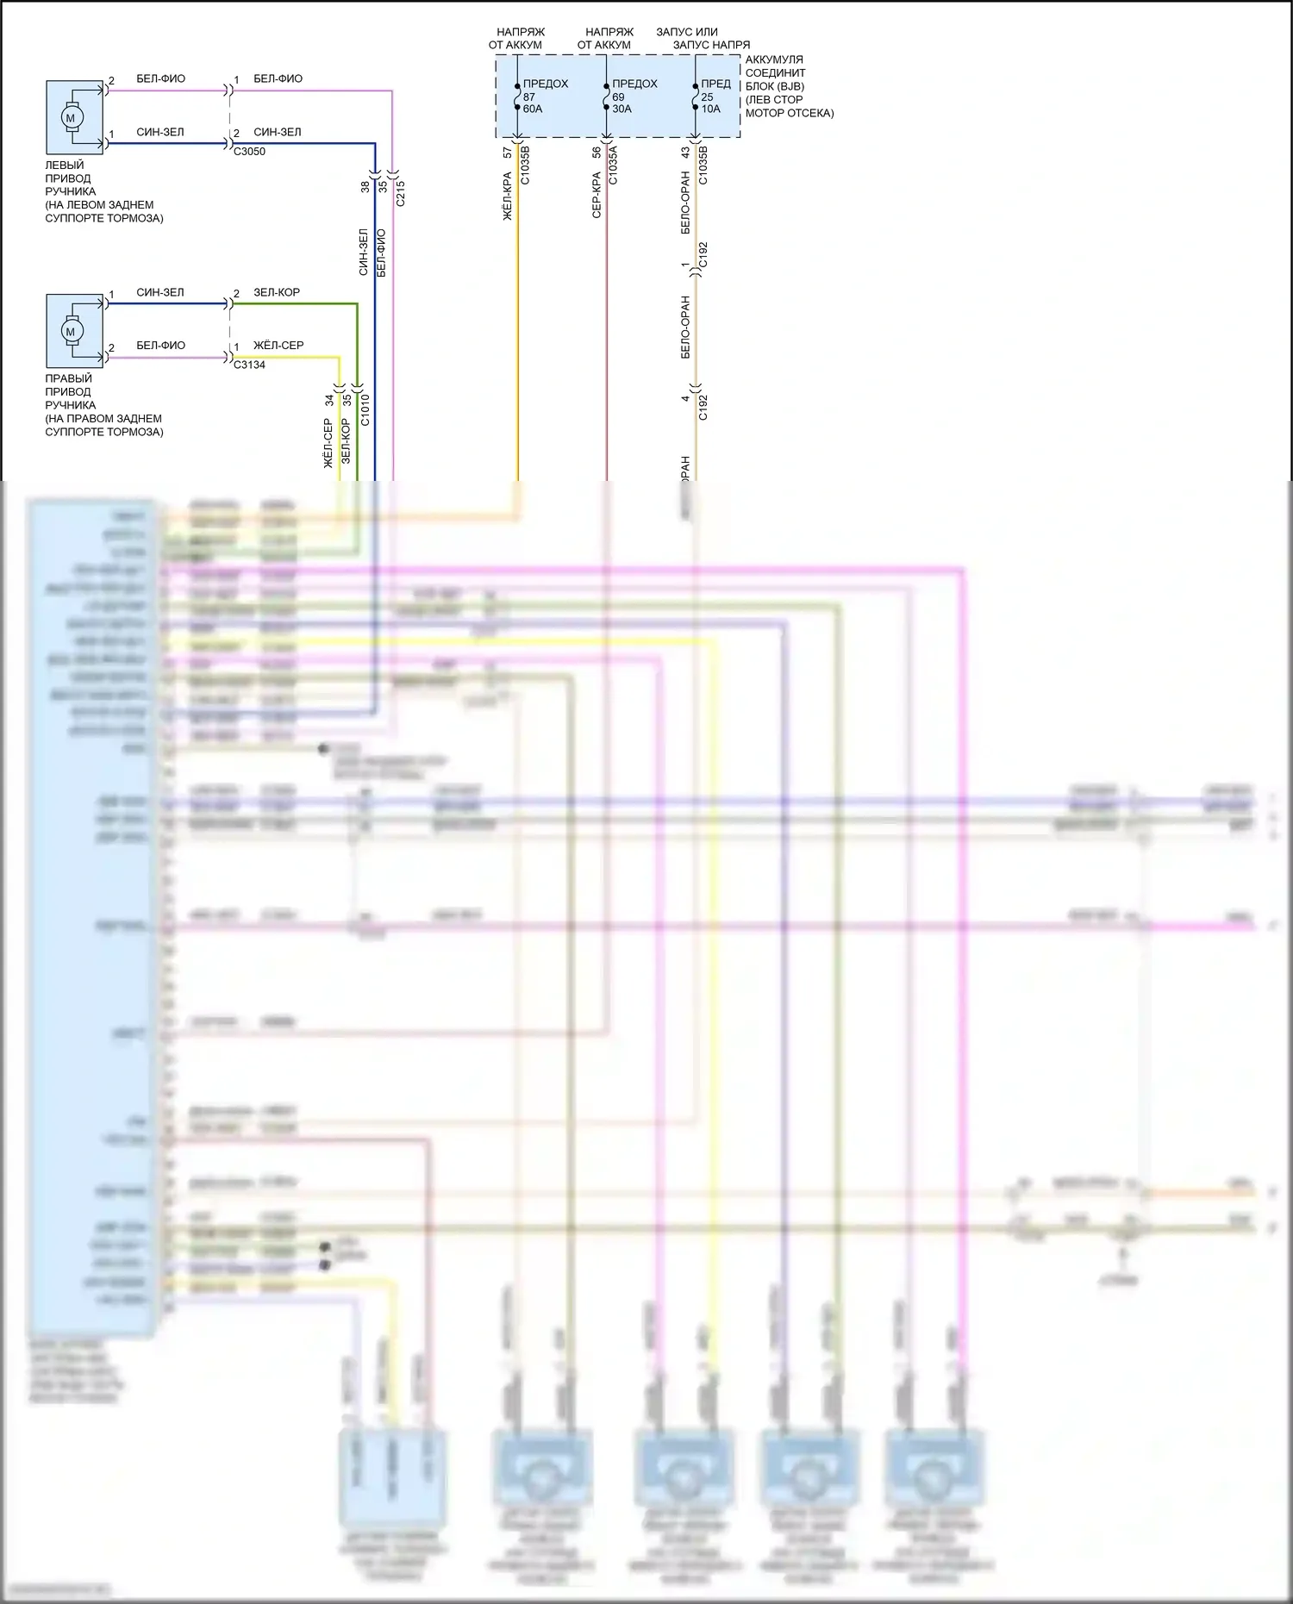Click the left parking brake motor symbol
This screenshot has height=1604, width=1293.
click(71, 117)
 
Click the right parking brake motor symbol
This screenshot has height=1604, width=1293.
click(71, 331)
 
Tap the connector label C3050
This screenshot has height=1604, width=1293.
click(249, 152)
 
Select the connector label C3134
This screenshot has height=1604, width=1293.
click(249, 365)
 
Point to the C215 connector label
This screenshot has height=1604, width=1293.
click(401, 193)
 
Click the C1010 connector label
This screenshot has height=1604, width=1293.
click(365, 409)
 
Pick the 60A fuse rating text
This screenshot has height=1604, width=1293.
click(533, 109)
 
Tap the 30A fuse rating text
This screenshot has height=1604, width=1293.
click(622, 109)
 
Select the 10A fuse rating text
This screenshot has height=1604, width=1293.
click(710, 109)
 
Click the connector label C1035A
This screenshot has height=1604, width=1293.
click(614, 165)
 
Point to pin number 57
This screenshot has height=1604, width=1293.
click(508, 153)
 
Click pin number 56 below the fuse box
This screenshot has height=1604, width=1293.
click(597, 153)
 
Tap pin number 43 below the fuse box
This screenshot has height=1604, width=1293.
click(685, 153)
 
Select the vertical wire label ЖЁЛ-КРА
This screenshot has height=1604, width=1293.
click(508, 197)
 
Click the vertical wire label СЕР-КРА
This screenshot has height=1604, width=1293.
click(597, 195)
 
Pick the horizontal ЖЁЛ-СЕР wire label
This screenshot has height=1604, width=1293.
click(278, 346)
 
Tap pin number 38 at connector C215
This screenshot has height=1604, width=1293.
click(365, 186)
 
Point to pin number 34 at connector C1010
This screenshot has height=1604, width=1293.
click(329, 401)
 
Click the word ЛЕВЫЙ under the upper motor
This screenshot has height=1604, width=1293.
click(65, 165)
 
